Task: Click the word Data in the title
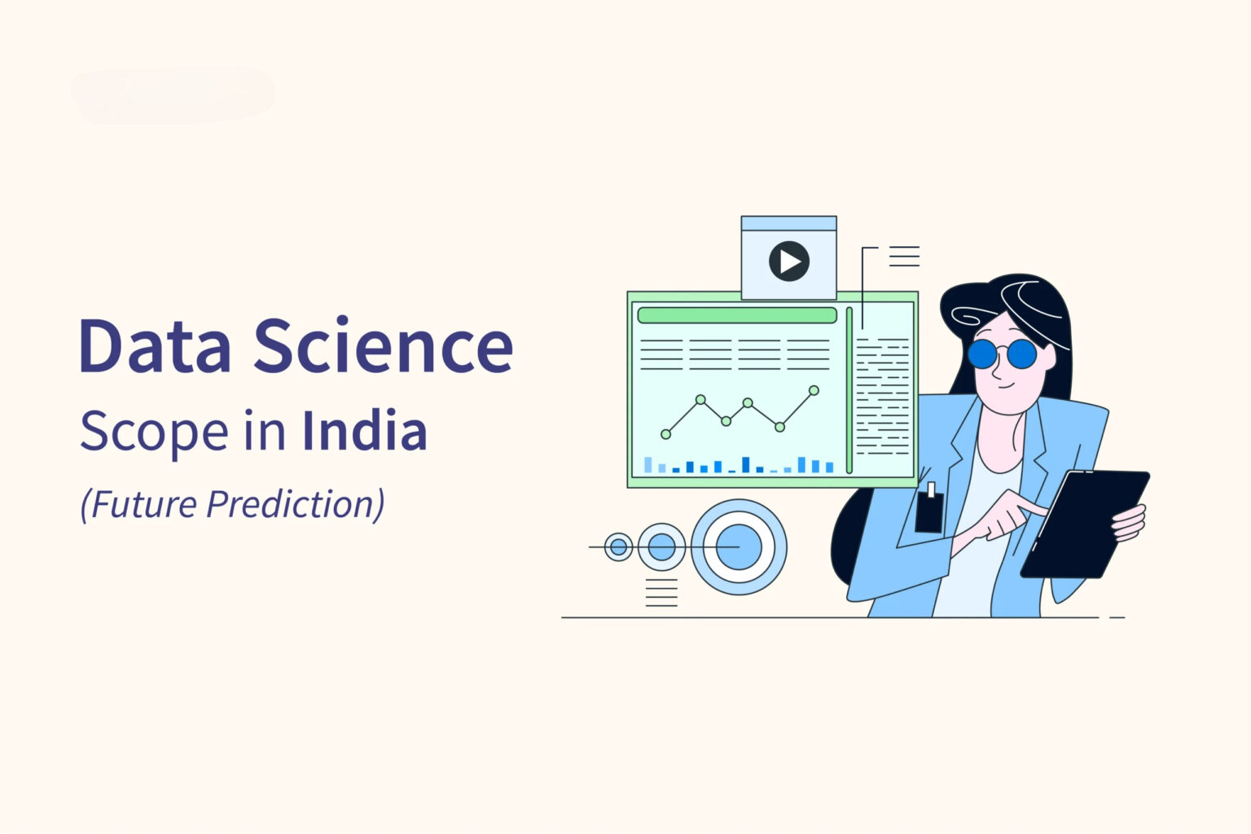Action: [x=155, y=346]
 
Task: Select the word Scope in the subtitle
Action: [x=153, y=432]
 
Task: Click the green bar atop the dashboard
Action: [x=736, y=315]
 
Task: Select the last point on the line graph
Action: [x=814, y=391]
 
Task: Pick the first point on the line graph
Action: [x=666, y=434]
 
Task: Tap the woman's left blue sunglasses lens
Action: [x=982, y=354]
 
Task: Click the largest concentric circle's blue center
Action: [x=739, y=546]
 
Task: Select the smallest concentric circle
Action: [x=619, y=547]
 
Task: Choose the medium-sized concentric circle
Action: [x=661, y=547]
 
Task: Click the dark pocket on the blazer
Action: [x=929, y=511]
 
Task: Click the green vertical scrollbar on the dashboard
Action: [x=849, y=390]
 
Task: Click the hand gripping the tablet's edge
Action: [x=1130, y=522]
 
